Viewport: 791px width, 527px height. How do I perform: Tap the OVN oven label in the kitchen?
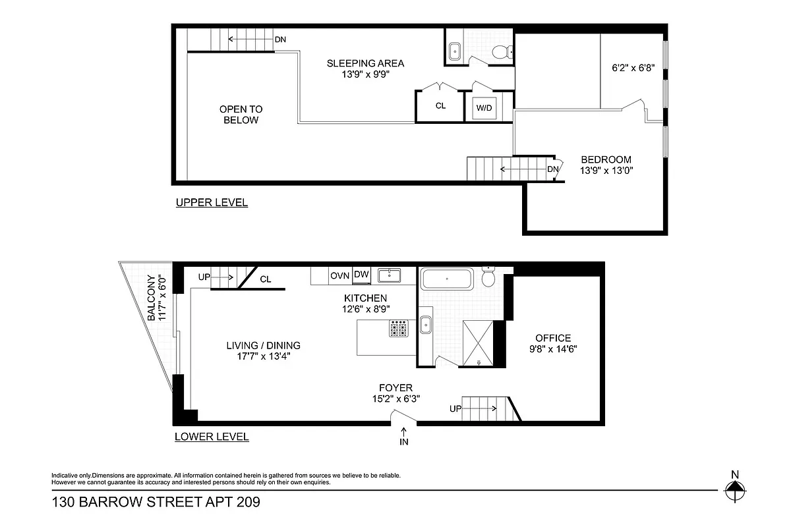coord(339,275)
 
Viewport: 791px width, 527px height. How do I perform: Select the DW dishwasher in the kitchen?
coord(361,275)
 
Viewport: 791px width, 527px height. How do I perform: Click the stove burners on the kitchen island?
coord(399,328)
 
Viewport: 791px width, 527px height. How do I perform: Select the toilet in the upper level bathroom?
coord(502,52)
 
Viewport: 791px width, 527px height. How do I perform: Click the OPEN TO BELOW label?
coord(241,115)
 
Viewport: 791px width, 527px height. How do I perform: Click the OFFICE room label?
coord(553,338)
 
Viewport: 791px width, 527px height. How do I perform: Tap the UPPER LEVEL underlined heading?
coord(212,203)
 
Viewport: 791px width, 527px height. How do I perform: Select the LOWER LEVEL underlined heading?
coord(212,437)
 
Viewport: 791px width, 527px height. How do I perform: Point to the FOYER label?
coord(395,388)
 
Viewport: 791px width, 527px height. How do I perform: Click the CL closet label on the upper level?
coord(440,105)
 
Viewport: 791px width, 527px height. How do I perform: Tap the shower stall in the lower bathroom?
coord(479,341)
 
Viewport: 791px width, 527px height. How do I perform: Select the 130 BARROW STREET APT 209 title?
coord(156,503)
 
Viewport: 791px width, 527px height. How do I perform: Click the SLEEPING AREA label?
coord(365,63)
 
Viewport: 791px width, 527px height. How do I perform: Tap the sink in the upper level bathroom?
coord(455,51)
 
